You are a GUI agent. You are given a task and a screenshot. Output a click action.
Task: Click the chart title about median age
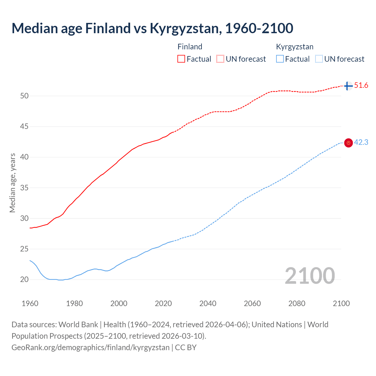152,28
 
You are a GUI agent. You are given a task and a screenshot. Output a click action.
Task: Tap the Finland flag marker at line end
348,86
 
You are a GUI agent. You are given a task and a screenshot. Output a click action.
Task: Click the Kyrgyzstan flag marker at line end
348,143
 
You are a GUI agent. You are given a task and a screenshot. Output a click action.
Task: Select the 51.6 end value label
361,85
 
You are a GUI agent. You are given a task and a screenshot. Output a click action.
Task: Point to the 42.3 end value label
361,142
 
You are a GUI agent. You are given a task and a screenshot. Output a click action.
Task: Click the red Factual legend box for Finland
181,59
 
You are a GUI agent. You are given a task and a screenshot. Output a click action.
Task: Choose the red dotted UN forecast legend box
220,59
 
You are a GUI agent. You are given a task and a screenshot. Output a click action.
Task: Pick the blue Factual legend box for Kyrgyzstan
280,59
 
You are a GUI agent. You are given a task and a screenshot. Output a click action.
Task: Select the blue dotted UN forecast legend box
319,59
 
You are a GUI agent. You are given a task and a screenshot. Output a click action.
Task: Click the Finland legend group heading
190,47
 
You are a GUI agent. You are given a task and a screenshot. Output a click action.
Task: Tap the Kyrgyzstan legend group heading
295,47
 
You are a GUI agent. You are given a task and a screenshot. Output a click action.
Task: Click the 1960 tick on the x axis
30,303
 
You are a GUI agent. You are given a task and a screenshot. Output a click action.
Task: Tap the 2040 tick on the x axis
208,303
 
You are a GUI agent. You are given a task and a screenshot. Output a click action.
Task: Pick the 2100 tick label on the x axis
341,303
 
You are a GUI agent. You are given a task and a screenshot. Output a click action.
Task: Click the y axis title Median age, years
12,183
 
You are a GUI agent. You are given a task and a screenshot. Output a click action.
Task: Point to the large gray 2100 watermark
310,276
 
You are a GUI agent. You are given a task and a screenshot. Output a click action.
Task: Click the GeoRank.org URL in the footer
90,348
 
